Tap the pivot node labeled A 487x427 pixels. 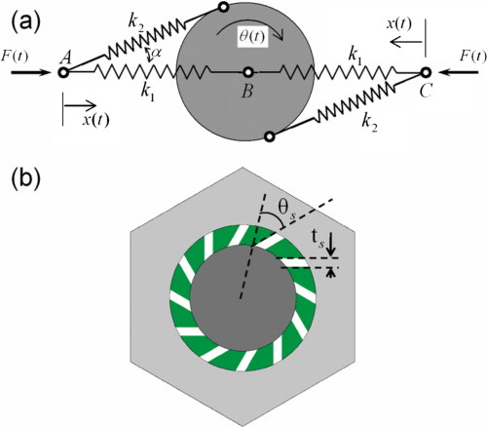(65, 71)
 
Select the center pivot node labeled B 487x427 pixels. (248, 72)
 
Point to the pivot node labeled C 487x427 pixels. (426, 71)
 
